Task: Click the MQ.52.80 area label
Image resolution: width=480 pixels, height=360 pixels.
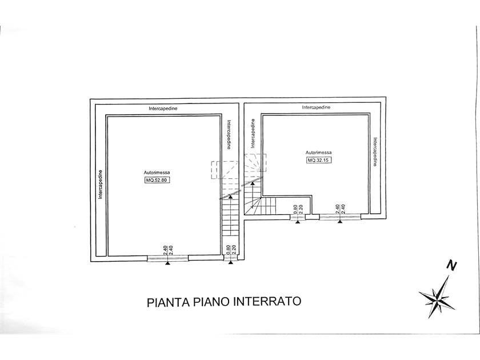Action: (x=157, y=180)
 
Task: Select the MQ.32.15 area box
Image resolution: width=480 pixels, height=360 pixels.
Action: (x=319, y=160)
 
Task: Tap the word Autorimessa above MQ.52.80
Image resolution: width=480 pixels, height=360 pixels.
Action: (x=157, y=173)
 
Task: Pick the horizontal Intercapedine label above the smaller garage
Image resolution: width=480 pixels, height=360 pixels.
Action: (x=316, y=107)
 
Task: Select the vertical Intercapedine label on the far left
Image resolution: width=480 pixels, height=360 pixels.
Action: (x=100, y=185)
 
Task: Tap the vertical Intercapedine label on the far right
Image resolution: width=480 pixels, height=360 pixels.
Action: (x=375, y=152)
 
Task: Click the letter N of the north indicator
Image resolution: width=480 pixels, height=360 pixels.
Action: (x=451, y=265)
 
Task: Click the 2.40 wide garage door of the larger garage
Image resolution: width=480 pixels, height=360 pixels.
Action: (x=167, y=258)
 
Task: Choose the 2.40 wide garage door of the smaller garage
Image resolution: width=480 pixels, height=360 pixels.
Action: (x=340, y=217)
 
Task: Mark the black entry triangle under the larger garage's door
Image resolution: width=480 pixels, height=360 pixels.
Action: (x=167, y=263)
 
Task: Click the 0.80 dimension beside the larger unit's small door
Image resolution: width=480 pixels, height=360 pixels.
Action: (x=227, y=250)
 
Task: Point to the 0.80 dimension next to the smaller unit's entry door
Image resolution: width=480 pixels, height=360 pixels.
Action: (x=295, y=209)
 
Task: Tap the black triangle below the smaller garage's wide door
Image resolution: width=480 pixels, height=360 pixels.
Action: (x=340, y=222)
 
